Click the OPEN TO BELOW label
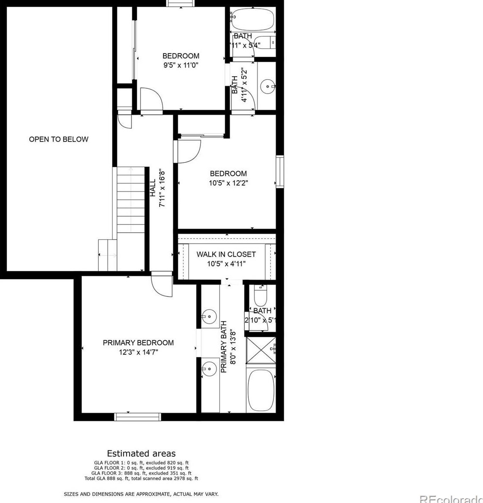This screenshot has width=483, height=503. [59, 139]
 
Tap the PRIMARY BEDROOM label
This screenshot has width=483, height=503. [138, 343]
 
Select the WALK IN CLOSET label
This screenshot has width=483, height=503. [226, 254]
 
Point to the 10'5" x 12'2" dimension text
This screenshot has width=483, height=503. [228, 183]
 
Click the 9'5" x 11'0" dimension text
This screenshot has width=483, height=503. [181, 65]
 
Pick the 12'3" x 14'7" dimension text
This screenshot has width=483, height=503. [138, 352]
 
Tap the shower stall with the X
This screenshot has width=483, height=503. [260, 351]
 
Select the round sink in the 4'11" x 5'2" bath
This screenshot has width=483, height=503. [267, 87]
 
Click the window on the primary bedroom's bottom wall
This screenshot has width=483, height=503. [137, 417]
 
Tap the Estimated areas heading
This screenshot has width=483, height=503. [141, 453]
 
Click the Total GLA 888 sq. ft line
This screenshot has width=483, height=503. [141, 478]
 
